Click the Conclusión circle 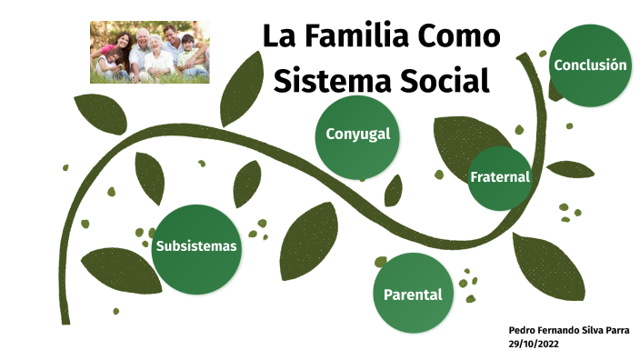[x=590, y=65]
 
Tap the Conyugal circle [x=357, y=136]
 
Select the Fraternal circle [x=499, y=178]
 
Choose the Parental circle [x=413, y=294]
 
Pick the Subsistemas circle [x=196, y=248]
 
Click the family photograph [x=149, y=52]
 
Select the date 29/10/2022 [x=535, y=343]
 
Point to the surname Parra [x=615, y=329]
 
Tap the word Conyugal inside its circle [x=357, y=135]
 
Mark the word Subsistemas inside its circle [x=196, y=246]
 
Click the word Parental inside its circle [x=413, y=295]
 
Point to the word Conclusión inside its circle [x=590, y=65]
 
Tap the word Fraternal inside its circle [x=499, y=176]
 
